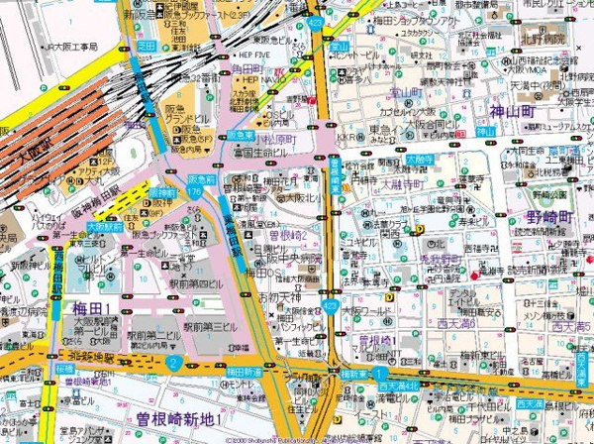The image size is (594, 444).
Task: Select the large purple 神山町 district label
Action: coord(519,113)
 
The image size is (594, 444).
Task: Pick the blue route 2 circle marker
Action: coord(172,364)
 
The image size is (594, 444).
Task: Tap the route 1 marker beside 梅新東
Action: coord(376,371)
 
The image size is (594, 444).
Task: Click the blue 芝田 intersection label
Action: coord(147,46)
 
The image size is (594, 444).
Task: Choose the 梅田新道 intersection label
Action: coord(244,371)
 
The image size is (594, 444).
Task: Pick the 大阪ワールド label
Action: coord(363,310)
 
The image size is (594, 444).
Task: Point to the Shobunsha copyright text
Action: coord(287,439)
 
